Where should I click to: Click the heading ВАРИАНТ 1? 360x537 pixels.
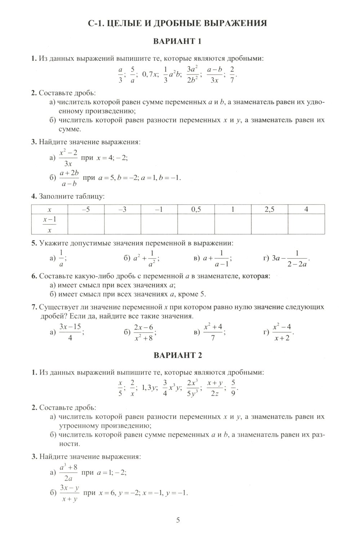tap(177, 41)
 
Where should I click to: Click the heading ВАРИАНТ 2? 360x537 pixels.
tap(178, 355)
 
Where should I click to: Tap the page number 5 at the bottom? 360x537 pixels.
tap(178, 520)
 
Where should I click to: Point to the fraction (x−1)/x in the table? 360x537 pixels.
tap(50, 224)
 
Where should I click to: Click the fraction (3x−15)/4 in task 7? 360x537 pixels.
tap(70, 332)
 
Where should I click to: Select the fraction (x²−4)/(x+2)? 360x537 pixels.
tap(282, 332)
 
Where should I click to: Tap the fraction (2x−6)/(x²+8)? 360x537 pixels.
tap(144, 332)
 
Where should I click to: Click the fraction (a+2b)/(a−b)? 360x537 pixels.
tap(69, 178)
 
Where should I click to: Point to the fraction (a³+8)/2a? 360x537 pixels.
tap(68, 473)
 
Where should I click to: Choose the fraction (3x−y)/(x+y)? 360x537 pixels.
tap(69, 493)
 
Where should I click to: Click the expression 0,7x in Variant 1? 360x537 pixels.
tap(150, 74)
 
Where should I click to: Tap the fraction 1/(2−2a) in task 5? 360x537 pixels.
tap(297, 259)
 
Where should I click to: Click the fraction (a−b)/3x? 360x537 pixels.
tap(215, 74)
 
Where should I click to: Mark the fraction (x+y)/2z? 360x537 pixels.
tap(215, 388)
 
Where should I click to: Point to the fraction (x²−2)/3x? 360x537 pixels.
tap(68, 158)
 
